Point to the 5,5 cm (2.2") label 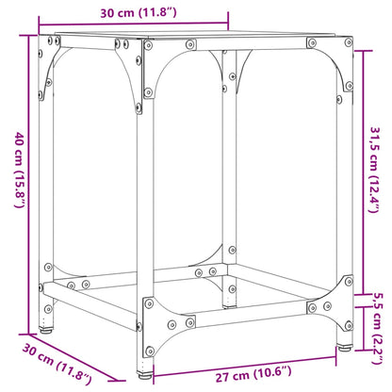(376, 318)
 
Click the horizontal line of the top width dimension (133, 24)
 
